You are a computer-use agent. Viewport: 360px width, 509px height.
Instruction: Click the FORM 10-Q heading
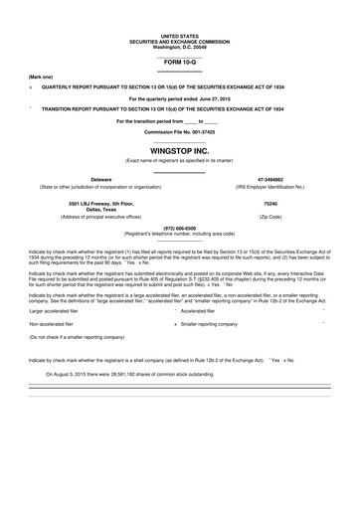click(179, 63)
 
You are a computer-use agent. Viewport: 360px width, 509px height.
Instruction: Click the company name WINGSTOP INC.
click(179, 150)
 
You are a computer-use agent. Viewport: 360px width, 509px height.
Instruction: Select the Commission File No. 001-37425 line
click(179, 131)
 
